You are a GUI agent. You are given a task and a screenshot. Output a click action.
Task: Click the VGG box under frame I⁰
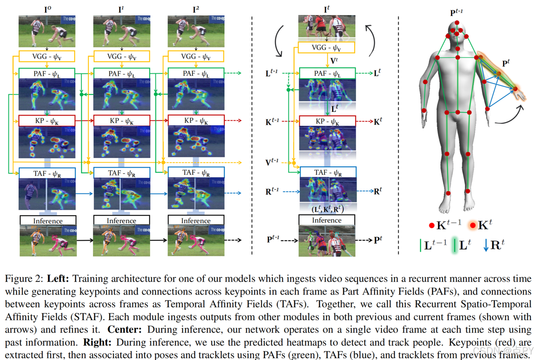click(x=47, y=56)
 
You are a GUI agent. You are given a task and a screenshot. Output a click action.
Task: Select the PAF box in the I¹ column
click(x=121, y=73)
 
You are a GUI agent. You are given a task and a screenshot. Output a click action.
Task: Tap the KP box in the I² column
click(x=196, y=121)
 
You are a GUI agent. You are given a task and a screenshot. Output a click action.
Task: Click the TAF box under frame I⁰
click(x=47, y=173)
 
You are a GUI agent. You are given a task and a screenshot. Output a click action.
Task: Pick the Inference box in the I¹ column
click(x=121, y=221)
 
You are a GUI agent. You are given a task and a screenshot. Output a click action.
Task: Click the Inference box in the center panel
click(x=327, y=220)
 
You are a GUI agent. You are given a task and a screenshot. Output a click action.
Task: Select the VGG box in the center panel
click(x=326, y=48)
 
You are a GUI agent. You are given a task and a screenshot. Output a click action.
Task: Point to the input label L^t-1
click(x=272, y=73)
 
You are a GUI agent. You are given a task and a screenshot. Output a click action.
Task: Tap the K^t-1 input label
click(x=272, y=122)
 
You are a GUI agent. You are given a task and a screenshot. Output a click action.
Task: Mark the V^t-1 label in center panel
click(x=272, y=162)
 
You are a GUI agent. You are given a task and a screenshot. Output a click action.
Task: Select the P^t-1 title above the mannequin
click(x=456, y=13)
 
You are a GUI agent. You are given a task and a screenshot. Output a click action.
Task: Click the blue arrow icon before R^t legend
click(x=486, y=245)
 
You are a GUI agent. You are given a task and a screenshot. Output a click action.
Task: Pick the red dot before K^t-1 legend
click(x=432, y=225)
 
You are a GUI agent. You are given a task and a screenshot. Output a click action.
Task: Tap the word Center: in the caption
click(x=124, y=330)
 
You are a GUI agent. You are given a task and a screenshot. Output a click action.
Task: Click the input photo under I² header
click(x=196, y=31)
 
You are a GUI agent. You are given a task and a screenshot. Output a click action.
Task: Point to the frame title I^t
click(x=327, y=9)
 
